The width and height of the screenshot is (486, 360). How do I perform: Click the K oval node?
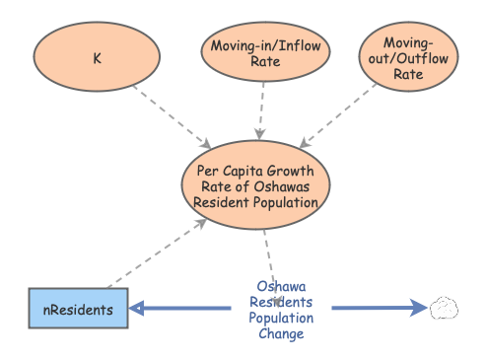pos(97,58)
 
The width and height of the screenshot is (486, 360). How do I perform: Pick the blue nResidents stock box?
pos(78,309)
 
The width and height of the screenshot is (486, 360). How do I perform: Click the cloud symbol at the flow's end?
pos(445,309)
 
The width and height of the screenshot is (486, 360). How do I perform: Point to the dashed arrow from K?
pos(172,118)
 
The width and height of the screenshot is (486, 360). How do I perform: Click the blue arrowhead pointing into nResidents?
pos(138,309)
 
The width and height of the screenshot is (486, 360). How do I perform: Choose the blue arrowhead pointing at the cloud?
pos(418,309)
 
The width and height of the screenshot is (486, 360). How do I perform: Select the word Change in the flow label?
pos(281,333)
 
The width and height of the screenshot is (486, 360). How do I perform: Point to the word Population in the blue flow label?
pos(281,318)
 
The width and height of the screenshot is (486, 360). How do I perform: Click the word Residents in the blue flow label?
pos(281,302)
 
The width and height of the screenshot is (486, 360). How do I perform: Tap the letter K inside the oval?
pos(97,58)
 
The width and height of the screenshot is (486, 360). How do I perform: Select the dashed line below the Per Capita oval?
pos(266,252)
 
